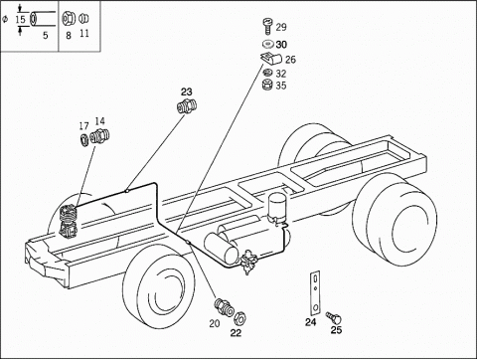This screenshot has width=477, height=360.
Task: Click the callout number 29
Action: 281,27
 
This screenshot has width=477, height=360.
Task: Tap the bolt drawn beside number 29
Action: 267,26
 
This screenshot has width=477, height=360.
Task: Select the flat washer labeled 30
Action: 267,44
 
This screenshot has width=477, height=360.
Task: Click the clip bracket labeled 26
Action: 271,59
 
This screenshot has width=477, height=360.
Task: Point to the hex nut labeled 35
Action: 266,85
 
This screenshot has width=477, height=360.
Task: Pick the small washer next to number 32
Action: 266,73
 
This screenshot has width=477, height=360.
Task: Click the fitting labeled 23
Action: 187,105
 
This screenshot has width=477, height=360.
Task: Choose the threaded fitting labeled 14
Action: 99,135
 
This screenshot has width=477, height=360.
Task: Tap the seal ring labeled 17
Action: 84,138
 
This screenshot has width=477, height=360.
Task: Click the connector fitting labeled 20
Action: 225,307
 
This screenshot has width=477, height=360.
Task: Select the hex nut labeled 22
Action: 239,318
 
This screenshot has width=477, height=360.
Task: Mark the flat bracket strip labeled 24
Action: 315,293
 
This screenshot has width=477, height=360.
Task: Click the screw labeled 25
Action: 334,318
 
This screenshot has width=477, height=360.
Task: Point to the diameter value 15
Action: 20,19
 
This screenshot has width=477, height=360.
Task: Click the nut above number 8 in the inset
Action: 69,19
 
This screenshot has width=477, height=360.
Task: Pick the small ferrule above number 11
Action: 84,18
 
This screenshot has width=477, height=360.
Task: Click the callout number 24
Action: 311,322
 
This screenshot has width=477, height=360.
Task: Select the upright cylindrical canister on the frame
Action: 276,206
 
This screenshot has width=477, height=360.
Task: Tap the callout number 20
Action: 215,323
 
